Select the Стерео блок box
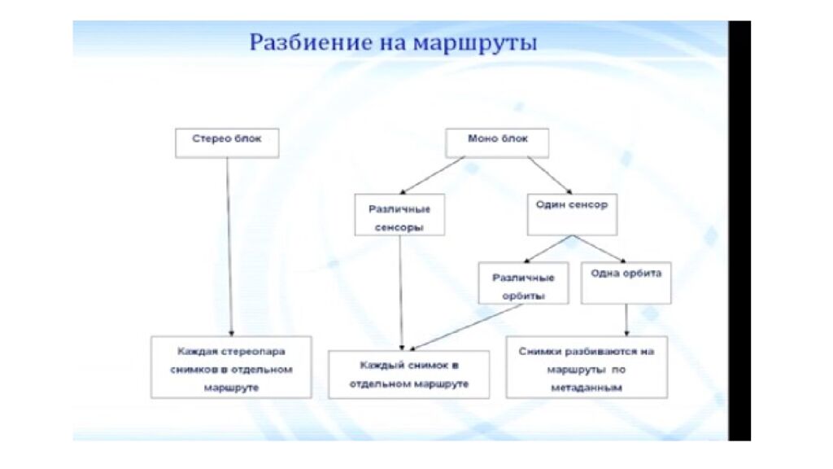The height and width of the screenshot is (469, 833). tap(227, 142)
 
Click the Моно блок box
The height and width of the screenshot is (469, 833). tap(497, 142)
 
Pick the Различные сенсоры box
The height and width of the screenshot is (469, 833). tap(399, 215)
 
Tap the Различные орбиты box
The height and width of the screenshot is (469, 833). tap(523, 283)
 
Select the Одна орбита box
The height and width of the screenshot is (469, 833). tap(626, 282)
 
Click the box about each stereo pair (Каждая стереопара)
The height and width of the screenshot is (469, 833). tap(231, 367)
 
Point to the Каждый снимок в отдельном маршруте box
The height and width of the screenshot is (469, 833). tap(408, 375)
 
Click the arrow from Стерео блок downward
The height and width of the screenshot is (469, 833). tap(229, 244)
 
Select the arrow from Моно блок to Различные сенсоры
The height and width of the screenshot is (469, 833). tap(434, 175)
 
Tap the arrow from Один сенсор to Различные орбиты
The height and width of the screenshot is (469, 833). tap(547, 248)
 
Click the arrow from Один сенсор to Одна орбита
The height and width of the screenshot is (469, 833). tap(598, 248)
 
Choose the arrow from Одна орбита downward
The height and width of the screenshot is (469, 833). tap(626, 320)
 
